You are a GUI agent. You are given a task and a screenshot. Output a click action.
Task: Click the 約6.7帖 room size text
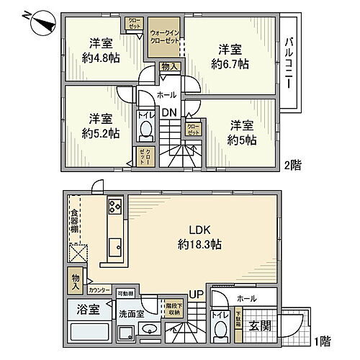tap(230, 63)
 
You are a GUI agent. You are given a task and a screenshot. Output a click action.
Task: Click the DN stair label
tap(169, 112)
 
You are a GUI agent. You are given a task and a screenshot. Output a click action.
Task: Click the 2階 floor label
tap(291, 165)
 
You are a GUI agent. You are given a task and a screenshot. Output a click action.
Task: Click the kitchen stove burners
tap(115, 208)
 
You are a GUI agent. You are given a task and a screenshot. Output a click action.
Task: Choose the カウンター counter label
tap(100, 289)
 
